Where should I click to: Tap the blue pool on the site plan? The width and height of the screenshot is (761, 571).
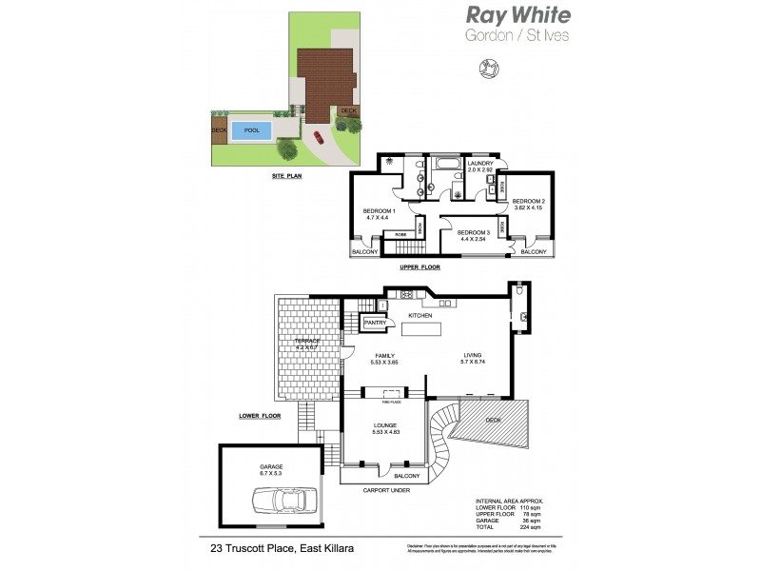coord(251,130)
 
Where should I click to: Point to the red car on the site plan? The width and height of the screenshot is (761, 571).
coord(318,137)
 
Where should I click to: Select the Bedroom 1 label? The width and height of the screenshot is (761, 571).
coord(380,214)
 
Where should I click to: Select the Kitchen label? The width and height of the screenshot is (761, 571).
coord(420,315)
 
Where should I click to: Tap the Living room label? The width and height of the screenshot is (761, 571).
coord(473,356)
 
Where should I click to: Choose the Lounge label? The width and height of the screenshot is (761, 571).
coord(385,425)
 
